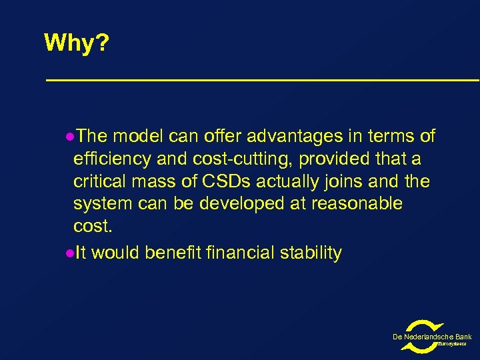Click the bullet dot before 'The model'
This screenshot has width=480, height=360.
[71, 137]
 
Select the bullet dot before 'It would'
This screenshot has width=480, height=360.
[71, 253]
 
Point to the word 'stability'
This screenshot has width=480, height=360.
[311, 253]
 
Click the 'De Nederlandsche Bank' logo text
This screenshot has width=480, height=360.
[432, 337]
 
